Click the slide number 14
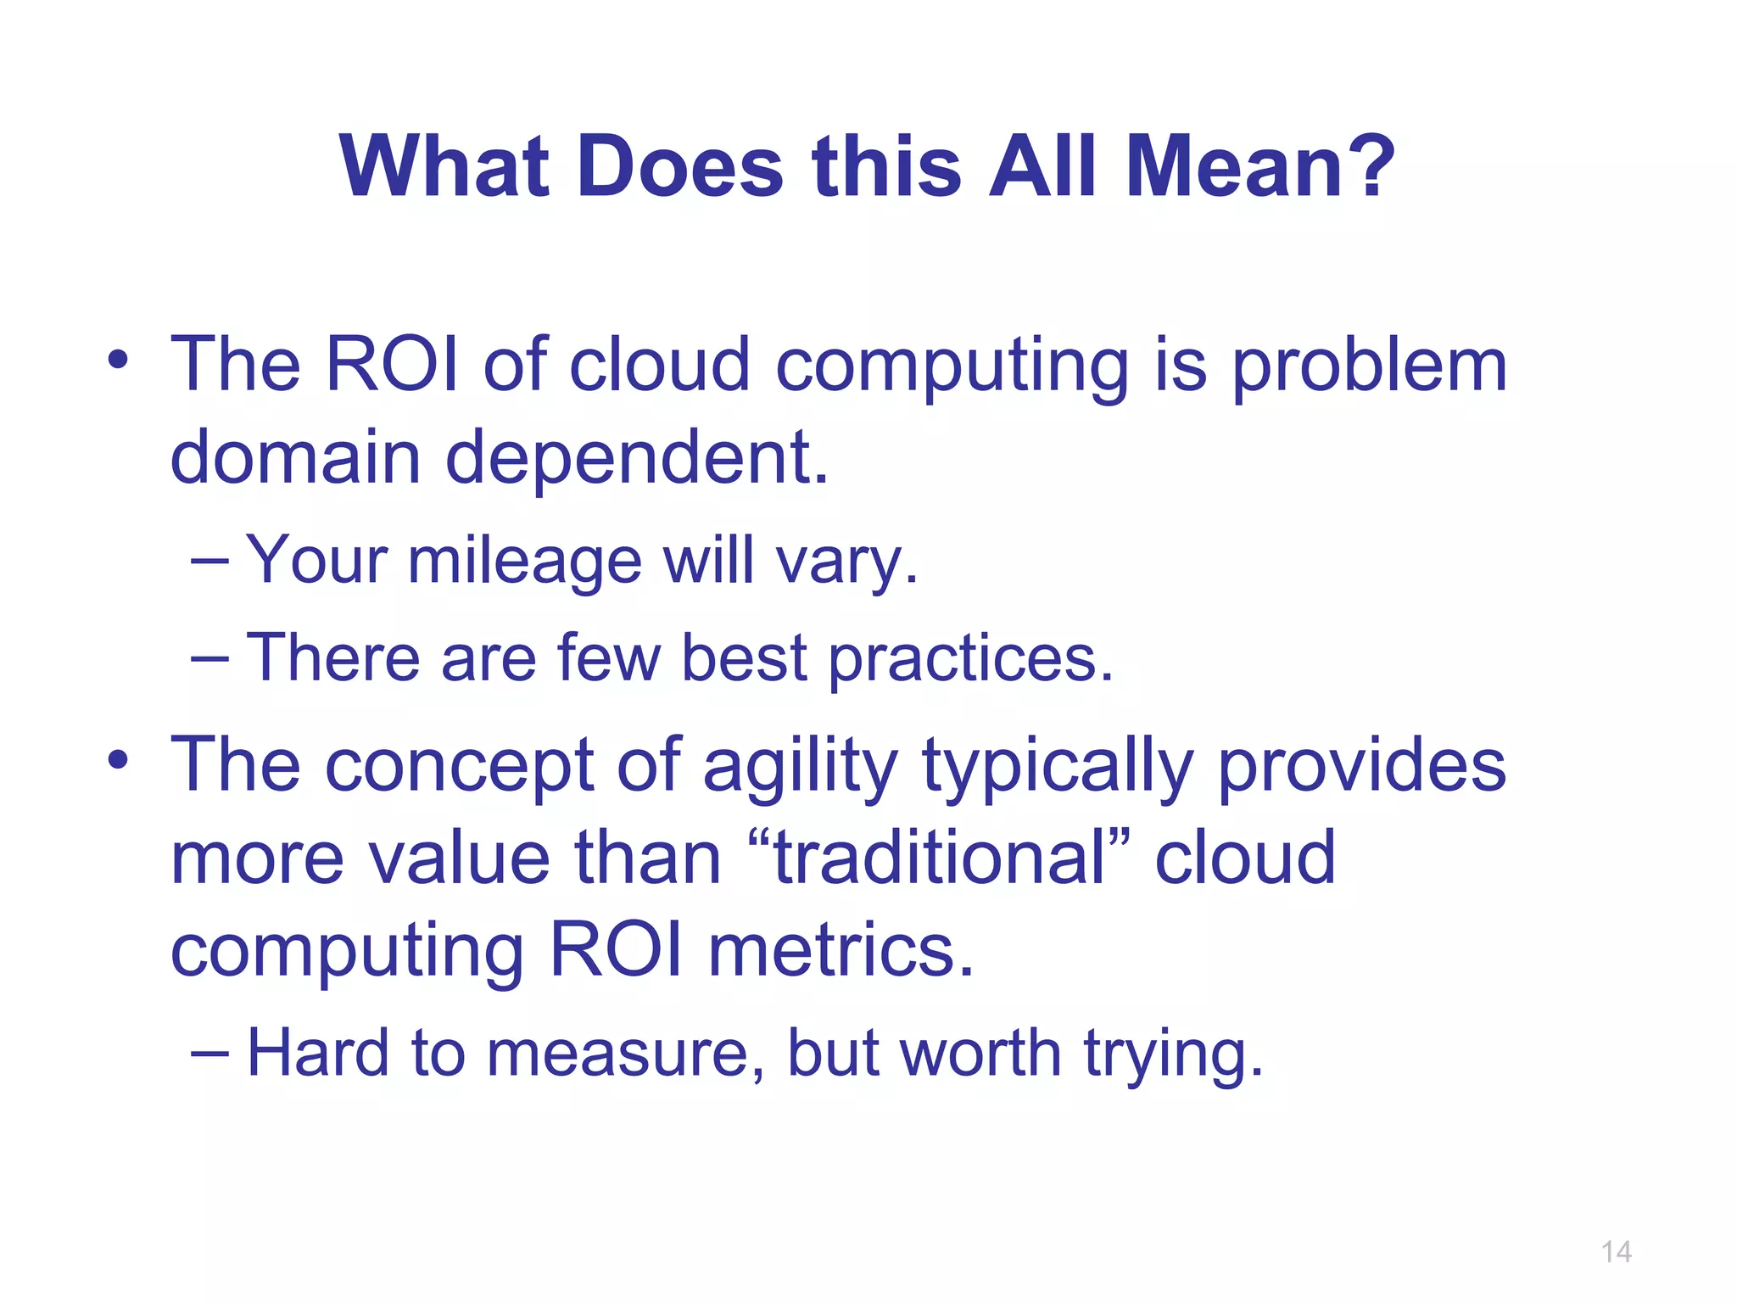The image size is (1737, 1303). (x=1616, y=1252)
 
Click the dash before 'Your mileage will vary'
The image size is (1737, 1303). (x=209, y=561)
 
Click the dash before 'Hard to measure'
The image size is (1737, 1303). (x=209, y=1054)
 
